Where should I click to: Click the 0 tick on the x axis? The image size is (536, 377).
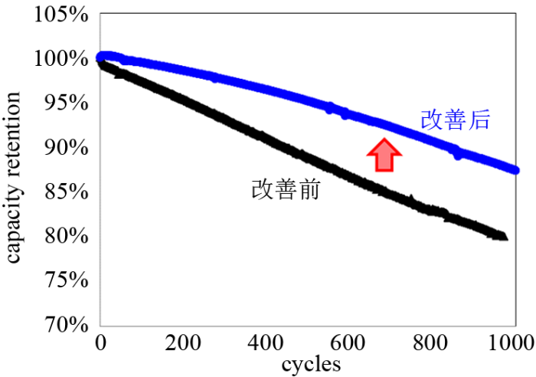100,342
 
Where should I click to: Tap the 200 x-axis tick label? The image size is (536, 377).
182,342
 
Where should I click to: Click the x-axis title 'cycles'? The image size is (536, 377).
310,363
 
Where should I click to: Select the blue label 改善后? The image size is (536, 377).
455,120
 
